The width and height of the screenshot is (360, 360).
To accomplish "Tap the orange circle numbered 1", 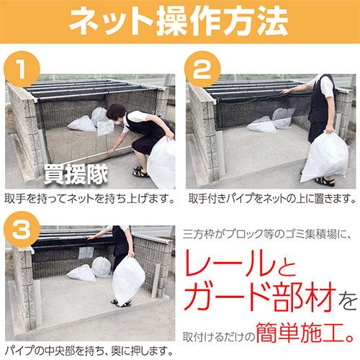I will tap(22, 70).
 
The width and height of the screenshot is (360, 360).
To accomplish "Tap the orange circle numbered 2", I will tap(202, 70).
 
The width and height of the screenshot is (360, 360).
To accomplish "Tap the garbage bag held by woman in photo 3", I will tap(129, 278).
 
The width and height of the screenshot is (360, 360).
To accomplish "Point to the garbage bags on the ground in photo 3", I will tap(90, 270).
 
